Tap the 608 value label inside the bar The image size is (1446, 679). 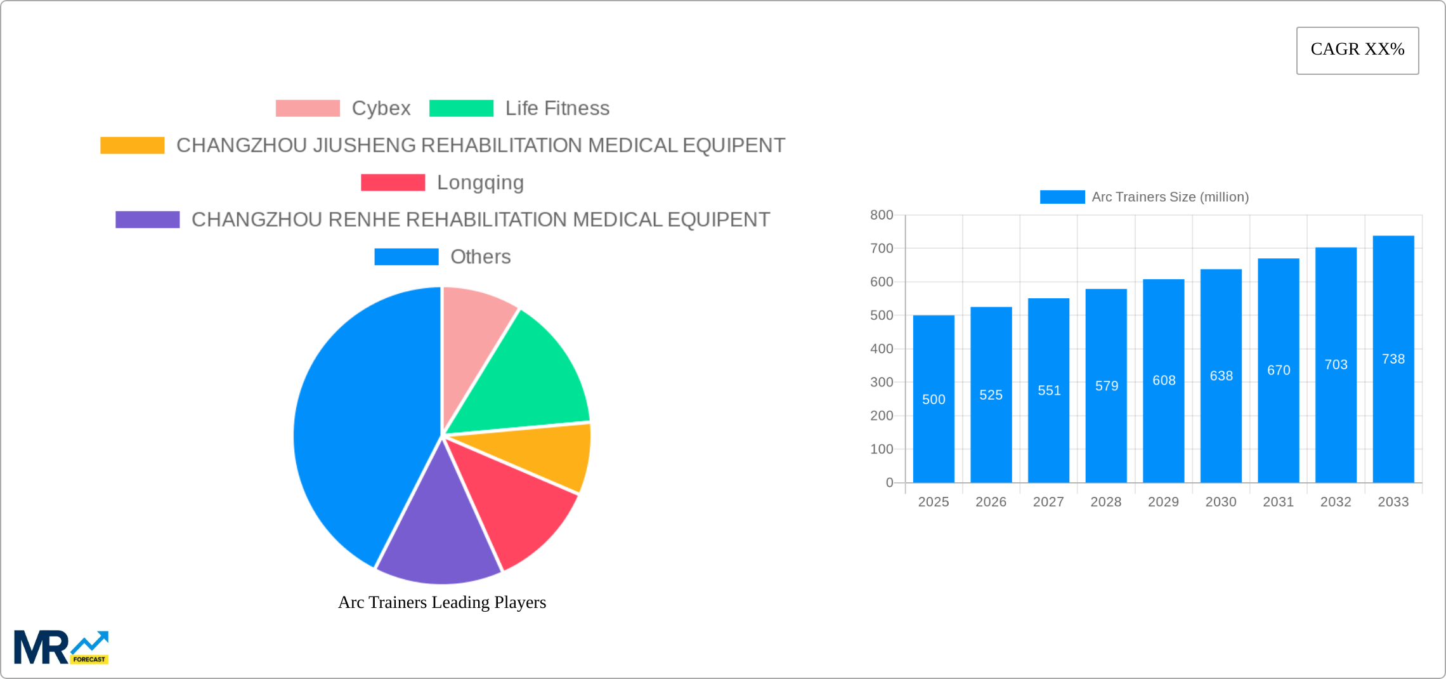pos(1164,380)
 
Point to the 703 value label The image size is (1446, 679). pos(1336,364)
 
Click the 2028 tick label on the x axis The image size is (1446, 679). pos(1105,502)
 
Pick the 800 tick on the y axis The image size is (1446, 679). pos(882,215)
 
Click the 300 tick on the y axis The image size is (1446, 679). pos(882,382)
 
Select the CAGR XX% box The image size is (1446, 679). pos(1357,50)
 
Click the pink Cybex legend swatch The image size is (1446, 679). pos(308,109)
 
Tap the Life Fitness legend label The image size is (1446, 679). pos(557,109)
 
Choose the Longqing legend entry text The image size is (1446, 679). pos(480,183)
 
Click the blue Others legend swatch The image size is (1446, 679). pos(406,257)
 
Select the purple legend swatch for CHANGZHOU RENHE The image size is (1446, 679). pos(147,220)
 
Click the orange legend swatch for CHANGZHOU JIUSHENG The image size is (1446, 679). pos(132,145)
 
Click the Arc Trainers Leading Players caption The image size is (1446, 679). pos(441,602)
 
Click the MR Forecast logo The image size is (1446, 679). pos(62,647)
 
